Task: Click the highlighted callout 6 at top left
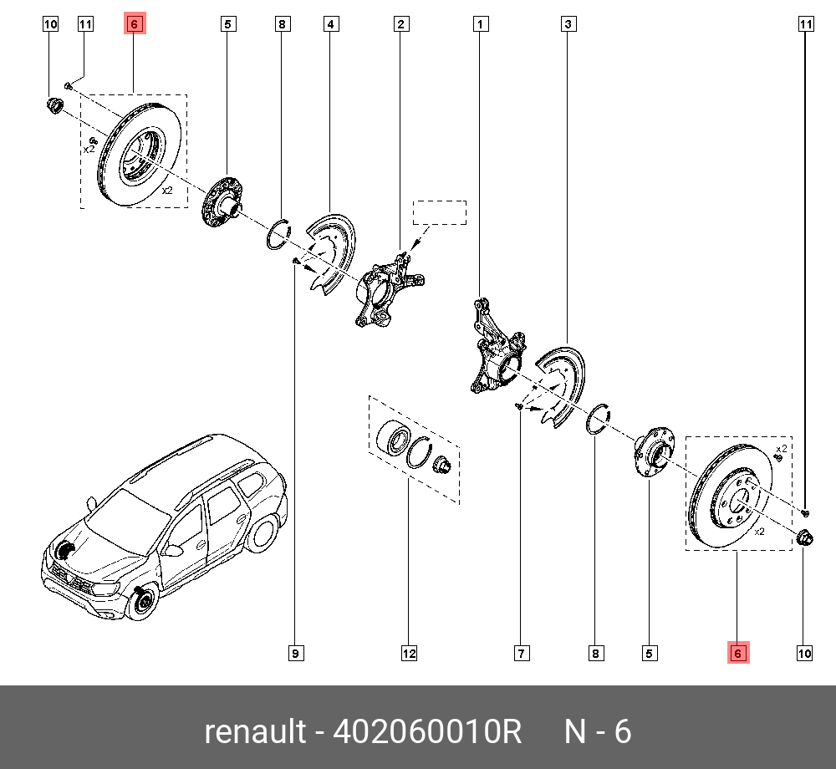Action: (135, 24)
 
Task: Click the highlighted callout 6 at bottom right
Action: (737, 653)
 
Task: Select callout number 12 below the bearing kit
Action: (408, 653)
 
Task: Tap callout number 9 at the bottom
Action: (295, 653)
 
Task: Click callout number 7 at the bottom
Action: (520, 653)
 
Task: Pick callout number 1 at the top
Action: (481, 24)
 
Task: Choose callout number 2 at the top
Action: (401, 24)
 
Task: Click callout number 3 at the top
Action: (568, 24)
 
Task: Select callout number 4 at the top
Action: (331, 24)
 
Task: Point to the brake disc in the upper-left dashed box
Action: (138, 159)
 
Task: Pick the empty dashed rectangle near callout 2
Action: (441, 212)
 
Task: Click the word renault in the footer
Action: (255, 732)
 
